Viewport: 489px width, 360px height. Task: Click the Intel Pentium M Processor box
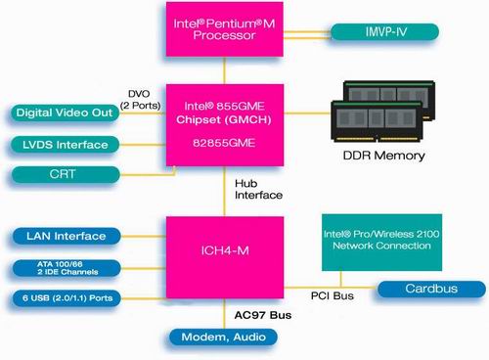[x=225, y=29]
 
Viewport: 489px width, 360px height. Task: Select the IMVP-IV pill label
[x=385, y=32]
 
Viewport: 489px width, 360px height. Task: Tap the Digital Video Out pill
[x=65, y=112]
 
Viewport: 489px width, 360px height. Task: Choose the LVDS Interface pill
[x=65, y=145]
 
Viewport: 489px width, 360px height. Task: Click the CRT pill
[x=66, y=174]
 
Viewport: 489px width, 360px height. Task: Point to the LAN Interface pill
[x=67, y=236]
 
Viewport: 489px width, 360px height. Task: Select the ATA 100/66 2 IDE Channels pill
[x=67, y=268]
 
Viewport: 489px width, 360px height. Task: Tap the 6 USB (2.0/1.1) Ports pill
[x=67, y=298]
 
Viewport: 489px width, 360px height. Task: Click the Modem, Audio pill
[x=224, y=337]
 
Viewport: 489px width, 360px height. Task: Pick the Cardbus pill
[x=431, y=289]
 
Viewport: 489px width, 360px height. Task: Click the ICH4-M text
[x=225, y=250]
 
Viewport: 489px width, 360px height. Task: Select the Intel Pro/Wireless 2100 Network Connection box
[x=381, y=243]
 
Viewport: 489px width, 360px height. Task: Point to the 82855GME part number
[x=224, y=143]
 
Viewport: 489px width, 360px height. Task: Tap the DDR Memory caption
[x=384, y=156]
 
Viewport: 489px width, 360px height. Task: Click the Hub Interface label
[x=258, y=189]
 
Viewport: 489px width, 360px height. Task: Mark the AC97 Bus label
[x=263, y=315]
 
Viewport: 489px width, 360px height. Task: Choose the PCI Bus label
[x=333, y=295]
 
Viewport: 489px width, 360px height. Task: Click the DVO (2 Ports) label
[x=140, y=100]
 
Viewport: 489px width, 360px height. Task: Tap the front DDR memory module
[x=377, y=121]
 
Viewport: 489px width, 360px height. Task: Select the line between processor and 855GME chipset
[x=224, y=70]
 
